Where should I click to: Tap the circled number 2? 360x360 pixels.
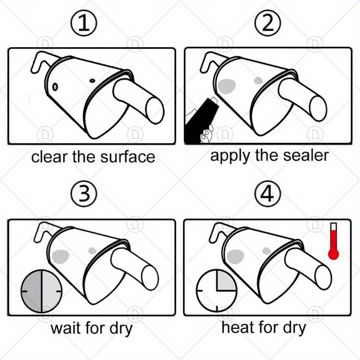coord(268,25)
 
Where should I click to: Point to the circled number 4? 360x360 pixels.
coord(268,195)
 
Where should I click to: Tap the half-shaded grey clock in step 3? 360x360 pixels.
coord(41,291)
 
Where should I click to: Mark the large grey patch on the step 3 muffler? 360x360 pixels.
coord(59,257)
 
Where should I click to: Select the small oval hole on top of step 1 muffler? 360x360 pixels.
coord(93,81)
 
